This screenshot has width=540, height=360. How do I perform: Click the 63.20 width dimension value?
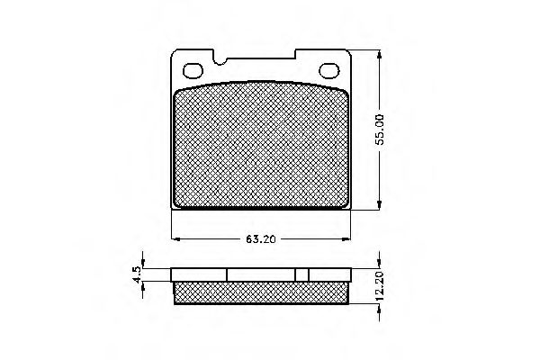coord(261,239)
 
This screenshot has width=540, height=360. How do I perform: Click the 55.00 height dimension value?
coord(380,130)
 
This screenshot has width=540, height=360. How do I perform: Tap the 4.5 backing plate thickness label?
coord(137,274)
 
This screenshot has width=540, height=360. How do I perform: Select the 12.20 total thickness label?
coord(380,286)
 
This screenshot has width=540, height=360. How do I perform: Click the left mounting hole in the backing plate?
coord(193,71)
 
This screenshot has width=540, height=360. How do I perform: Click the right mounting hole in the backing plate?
coord(329,70)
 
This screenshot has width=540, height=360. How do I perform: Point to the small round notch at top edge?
coord(220,62)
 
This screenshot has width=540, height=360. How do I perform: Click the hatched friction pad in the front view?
coord(261,146)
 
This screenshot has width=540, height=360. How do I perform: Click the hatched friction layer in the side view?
coord(261,292)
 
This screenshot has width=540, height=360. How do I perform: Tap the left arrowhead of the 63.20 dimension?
coord(175,238)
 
